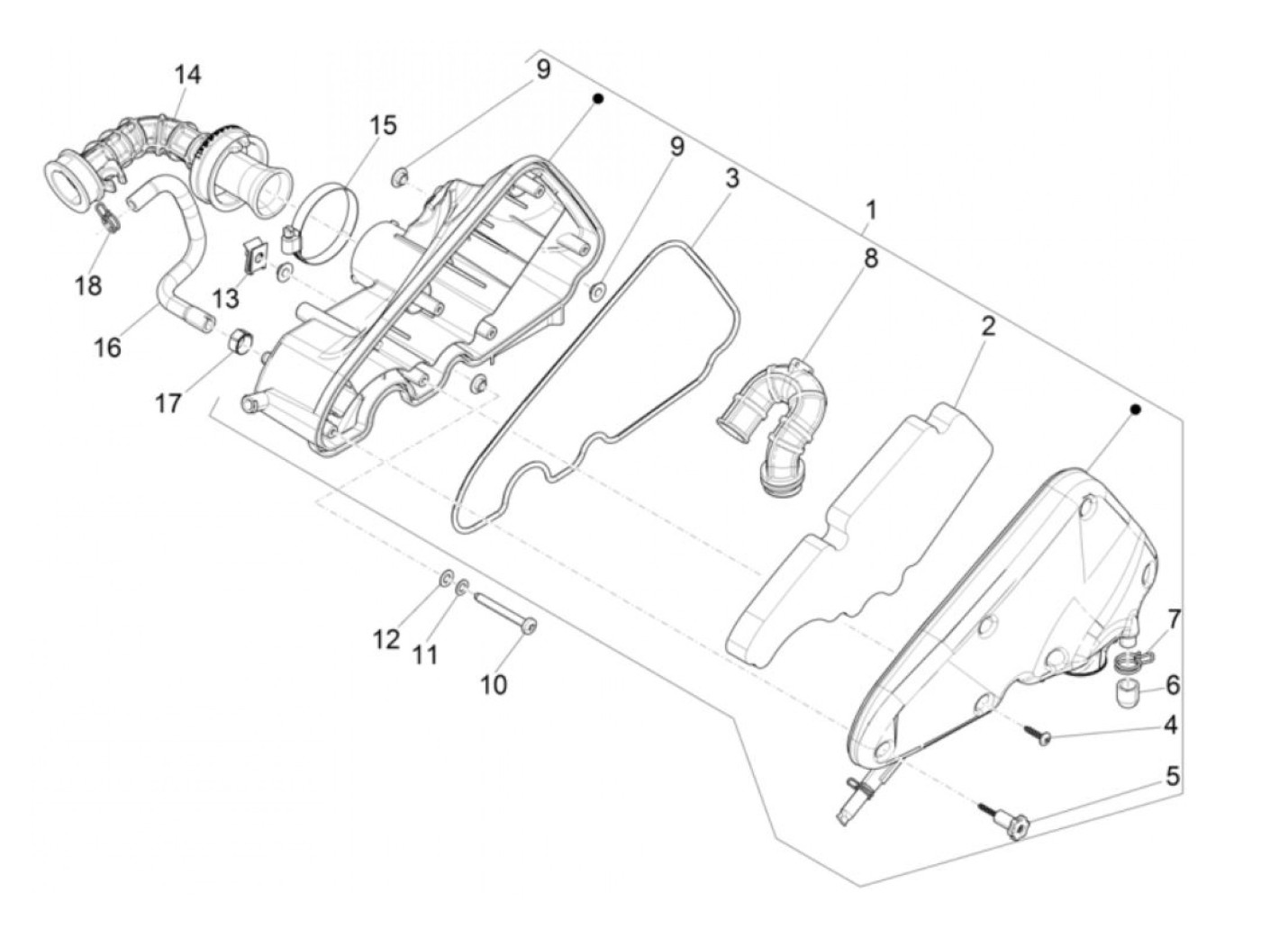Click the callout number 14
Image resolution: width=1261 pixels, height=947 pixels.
click(187, 75)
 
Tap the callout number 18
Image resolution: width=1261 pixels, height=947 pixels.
click(88, 285)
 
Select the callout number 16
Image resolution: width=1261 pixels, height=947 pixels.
click(107, 347)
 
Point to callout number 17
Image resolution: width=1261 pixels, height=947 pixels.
click(168, 402)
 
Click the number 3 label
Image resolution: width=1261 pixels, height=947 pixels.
click(731, 178)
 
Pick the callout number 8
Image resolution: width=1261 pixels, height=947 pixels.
click(870, 258)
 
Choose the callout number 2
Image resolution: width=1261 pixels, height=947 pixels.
click(988, 326)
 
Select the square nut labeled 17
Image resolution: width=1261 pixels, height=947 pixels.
click(240, 341)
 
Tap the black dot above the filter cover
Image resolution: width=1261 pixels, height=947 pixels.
click(1136, 410)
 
